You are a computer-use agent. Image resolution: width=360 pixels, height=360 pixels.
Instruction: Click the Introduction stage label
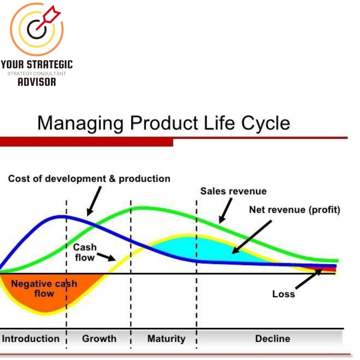[x=31, y=339]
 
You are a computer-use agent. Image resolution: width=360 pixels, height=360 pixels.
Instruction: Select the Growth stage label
[x=99, y=339]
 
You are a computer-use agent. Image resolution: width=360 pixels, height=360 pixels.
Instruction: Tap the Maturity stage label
[x=166, y=339]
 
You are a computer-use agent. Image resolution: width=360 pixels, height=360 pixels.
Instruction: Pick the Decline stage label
[x=272, y=339]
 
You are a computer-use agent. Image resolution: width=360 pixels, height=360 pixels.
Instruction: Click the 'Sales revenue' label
[x=233, y=191]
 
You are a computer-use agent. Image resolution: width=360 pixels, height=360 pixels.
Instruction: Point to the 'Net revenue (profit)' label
[x=295, y=210]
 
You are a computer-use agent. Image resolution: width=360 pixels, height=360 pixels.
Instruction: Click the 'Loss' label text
[x=283, y=294]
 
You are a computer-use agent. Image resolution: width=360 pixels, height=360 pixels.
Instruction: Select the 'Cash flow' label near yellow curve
[x=85, y=252]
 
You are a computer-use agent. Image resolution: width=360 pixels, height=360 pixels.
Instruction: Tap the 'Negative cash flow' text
[x=44, y=289]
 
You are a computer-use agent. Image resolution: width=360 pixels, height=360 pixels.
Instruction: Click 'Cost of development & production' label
[x=89, y=179]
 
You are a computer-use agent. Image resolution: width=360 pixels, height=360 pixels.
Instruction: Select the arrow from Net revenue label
[x=252, y=237]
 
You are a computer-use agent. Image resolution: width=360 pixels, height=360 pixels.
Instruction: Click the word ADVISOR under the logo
[x=37, y=82]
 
